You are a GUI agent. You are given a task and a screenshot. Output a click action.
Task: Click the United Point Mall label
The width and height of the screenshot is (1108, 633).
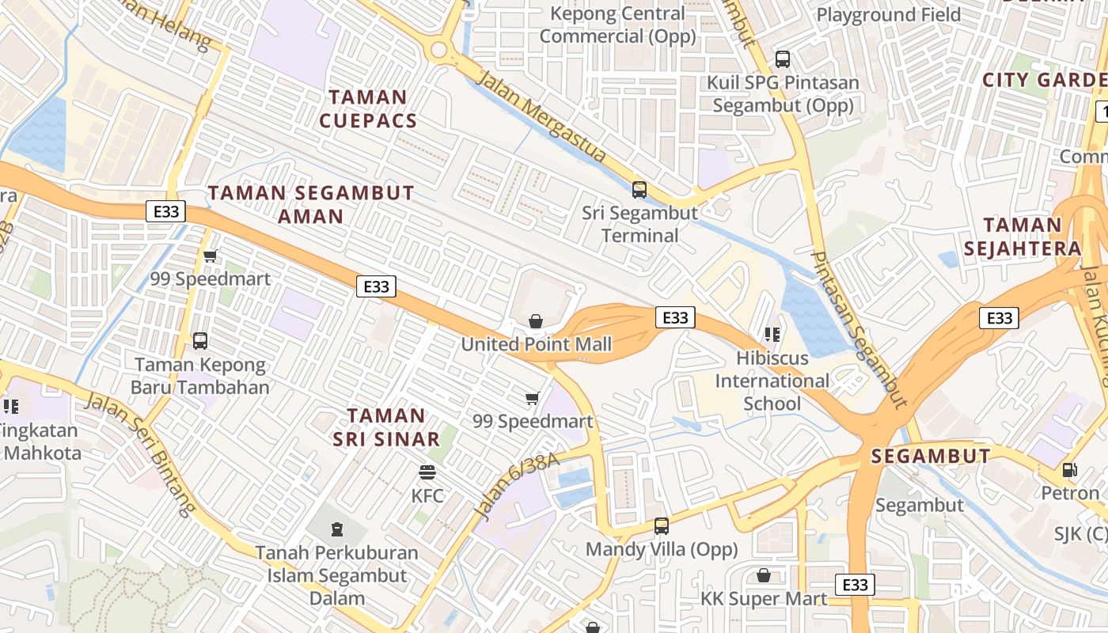tap(537, 344)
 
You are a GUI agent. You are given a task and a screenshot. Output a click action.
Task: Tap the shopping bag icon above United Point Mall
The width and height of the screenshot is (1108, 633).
tap(536, 320)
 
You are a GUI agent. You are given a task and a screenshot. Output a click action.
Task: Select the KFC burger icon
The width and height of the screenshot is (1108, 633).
tap(427, 472)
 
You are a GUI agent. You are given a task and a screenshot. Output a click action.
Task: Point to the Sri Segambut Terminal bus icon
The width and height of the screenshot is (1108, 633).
tap(639, 190)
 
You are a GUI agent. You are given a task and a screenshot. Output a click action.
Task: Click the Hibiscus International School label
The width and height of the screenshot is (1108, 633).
tap(772, 381)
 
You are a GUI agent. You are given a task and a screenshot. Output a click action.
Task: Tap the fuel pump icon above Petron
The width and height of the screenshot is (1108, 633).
tap(1070, 469)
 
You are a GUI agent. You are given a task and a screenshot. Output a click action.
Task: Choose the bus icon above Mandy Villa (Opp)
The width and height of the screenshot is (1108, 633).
tap(661, 525)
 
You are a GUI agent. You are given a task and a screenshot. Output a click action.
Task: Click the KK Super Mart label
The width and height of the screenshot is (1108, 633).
tap(764, 598)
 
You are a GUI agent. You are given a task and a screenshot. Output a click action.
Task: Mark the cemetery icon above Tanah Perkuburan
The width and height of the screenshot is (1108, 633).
tap(337, 529)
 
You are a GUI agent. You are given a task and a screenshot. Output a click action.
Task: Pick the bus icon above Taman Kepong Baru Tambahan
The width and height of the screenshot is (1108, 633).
tap(200, 341)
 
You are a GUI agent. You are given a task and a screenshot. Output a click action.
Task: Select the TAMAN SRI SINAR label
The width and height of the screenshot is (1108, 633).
tap(386, 427)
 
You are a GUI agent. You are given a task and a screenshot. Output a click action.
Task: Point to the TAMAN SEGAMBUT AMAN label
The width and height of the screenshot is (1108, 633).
tap(311, 204)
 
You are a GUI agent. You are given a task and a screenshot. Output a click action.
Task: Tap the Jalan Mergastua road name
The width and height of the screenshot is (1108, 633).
tap(544, 118)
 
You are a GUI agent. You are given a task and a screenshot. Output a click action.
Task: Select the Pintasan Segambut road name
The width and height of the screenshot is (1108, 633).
tap(859, 329)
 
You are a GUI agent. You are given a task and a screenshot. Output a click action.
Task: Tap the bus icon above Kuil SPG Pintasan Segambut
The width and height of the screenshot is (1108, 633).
tap(783, 59)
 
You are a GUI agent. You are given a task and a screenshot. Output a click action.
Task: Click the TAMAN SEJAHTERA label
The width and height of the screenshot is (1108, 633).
tap(1023, 236)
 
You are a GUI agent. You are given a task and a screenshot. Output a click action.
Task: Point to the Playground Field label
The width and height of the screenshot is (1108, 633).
tap(888, 14)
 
